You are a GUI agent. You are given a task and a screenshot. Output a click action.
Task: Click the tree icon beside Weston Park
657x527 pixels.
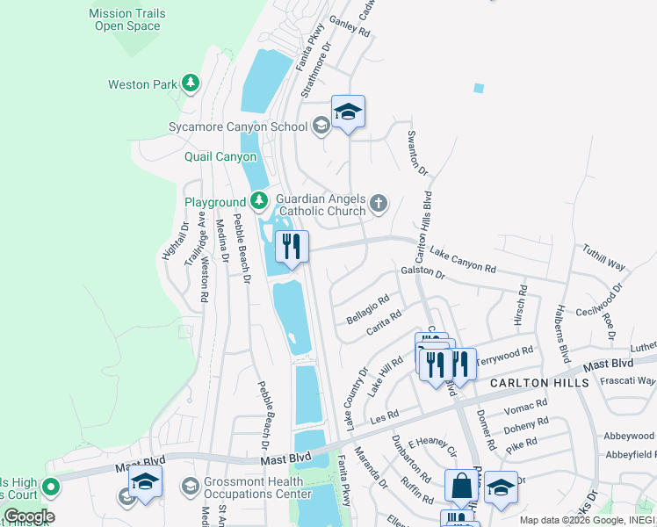191,84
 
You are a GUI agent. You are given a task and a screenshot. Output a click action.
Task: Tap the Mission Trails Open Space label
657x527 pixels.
127,19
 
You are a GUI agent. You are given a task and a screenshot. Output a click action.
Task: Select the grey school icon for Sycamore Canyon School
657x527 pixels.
321,126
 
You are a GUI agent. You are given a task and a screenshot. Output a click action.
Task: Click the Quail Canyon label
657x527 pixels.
220,157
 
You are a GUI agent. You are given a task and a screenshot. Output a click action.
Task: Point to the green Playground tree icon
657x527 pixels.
258,202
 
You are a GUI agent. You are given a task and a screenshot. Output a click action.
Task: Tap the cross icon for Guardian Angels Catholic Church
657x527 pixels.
379,205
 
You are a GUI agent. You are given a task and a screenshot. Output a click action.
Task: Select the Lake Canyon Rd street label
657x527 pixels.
463,259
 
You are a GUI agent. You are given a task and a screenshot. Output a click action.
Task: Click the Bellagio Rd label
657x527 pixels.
367,309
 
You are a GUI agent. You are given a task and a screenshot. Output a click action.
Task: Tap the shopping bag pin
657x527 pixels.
461,486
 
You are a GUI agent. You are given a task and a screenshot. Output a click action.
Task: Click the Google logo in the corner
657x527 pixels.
29,516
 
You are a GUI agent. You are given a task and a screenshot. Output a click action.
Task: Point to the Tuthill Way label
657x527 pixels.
603,258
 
